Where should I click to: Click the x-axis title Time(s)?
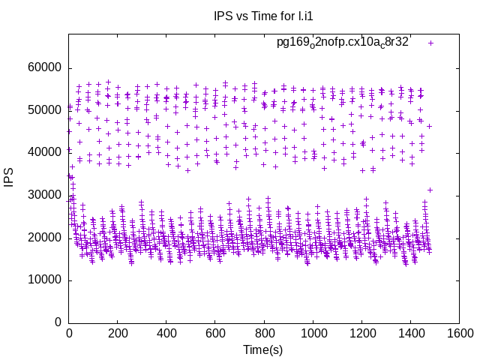[x=262, y=349]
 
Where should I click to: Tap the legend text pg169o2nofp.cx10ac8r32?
[x=343, y=42]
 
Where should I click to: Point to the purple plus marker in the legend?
[x=430, y=43]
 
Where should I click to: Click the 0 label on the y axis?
[x=58, y=322]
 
